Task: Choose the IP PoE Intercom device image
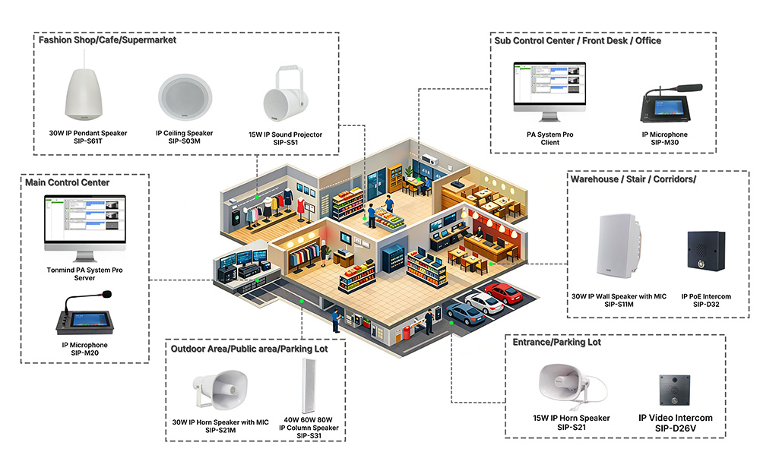click(705, 256)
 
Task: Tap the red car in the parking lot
click(502, 292)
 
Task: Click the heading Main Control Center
click(68, 182)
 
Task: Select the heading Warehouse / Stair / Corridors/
click(633, 179)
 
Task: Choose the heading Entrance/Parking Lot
click(558, 342)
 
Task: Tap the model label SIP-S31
click(309, 436)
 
